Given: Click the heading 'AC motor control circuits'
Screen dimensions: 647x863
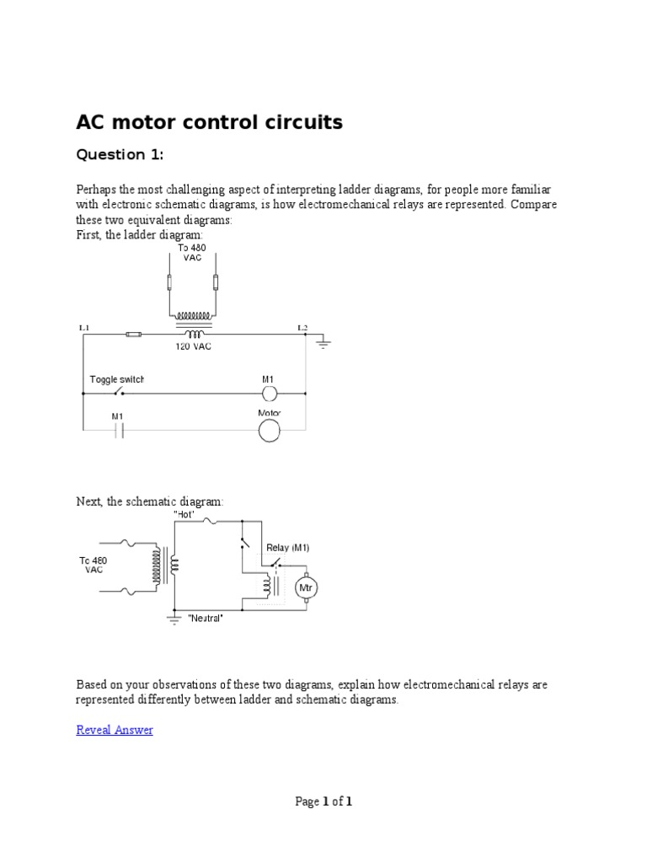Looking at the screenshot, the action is (209, 123).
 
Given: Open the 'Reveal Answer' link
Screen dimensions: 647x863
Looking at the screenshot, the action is (115, 730).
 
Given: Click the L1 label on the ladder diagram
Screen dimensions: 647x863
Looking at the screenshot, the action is (83, 325).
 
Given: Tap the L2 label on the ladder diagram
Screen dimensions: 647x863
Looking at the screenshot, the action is (302, 325).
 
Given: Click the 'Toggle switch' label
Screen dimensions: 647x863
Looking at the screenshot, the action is (117, 379).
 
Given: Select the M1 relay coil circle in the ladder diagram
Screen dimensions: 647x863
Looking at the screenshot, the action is (269, 394).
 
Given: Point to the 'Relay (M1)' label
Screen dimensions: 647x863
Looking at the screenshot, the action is (287, 548).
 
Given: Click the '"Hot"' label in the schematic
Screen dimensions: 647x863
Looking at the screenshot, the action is (184, 512).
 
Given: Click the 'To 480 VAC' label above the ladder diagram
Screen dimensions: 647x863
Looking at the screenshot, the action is (192, 253).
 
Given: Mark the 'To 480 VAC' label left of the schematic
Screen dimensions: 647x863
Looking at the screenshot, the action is (95, 565).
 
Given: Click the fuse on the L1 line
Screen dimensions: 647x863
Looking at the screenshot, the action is (132, 335).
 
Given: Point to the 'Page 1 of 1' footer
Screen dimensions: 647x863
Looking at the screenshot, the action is (323, 801).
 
